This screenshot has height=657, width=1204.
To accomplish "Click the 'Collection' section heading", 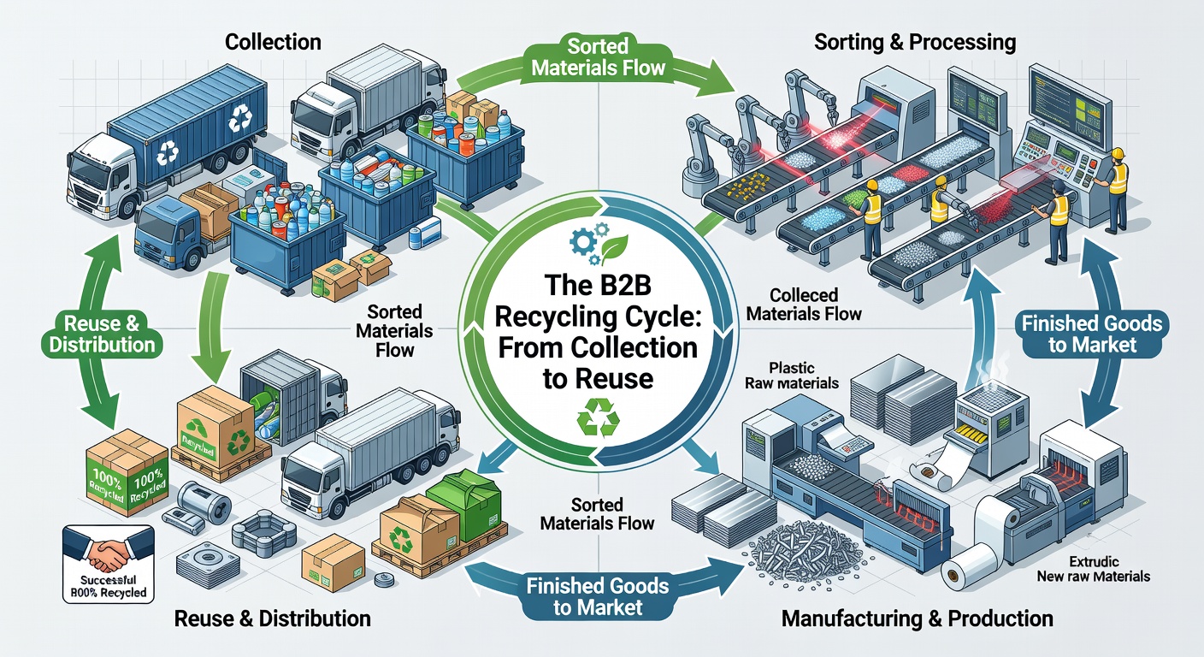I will (274, 41).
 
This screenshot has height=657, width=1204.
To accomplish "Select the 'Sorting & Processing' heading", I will (915, 41).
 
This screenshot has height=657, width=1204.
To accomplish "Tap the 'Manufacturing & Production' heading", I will (917, 618).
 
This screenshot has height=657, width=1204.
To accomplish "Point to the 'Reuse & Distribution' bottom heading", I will (272, 619).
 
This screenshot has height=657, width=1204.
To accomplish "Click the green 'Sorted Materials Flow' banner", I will (599, 56).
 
